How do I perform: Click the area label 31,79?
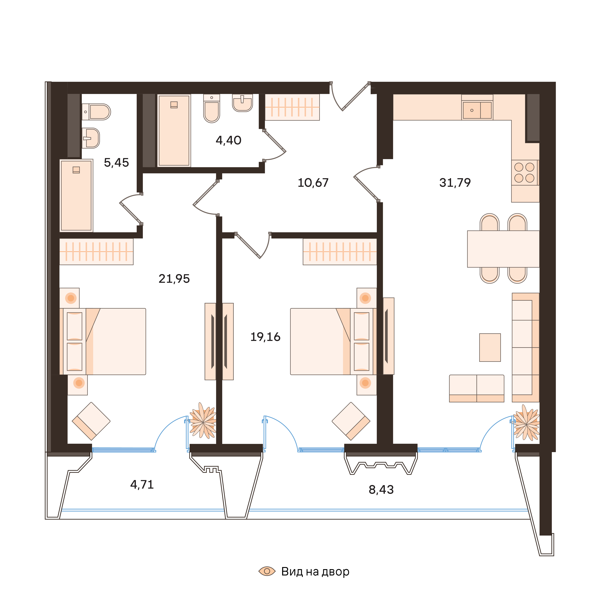coord(455,183)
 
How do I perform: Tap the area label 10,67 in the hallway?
coord(313,183)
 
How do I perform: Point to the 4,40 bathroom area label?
coord(228,141)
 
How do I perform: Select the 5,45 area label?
coord(116,163)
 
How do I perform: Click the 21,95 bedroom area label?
coord(174,279)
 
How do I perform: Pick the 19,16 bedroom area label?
coord(265,337)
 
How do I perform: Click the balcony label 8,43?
coord(381,490)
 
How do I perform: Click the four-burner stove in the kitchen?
coord(525,173)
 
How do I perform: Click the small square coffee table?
coord(490,348)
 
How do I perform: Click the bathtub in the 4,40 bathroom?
coord(174,131)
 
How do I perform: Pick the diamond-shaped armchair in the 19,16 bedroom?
coord(351,421)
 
